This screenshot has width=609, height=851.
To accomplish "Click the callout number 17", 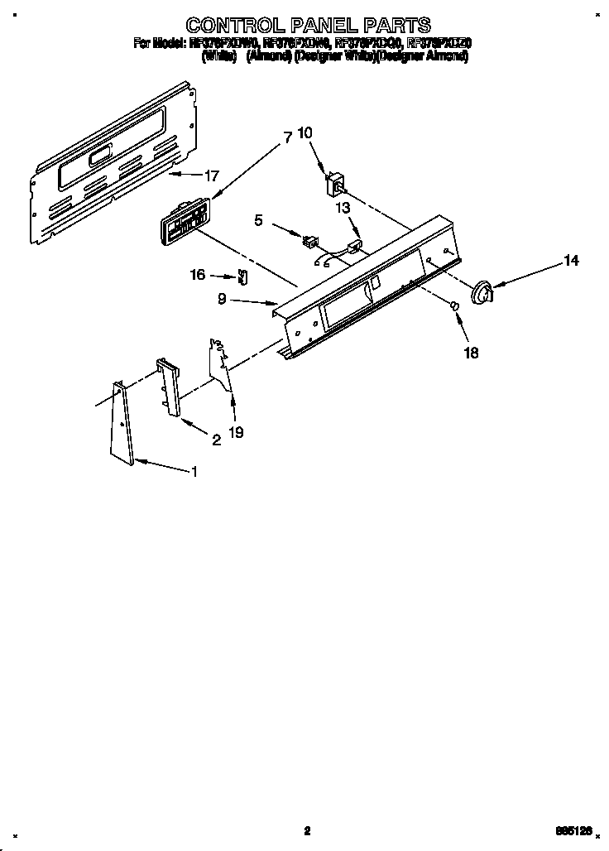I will [x=212, y=175].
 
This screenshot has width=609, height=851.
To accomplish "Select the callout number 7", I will [x=287, y=138].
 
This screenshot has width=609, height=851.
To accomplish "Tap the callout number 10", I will [x=305, y=132].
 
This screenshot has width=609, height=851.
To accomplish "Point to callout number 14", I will [x=571, y=261].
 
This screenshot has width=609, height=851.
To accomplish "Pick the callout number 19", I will [x=236, y=431].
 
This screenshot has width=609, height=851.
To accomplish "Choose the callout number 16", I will [x=198, y=276].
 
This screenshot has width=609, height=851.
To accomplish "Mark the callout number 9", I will [x=223, y=300].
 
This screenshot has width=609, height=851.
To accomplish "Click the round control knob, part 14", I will [x=480, y=291].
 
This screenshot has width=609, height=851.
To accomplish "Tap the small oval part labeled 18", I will [x=454, y=307].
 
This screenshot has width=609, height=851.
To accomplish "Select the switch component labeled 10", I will [x=337, y=182].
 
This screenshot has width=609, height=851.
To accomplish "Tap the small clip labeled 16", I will [x=242, y=276].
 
